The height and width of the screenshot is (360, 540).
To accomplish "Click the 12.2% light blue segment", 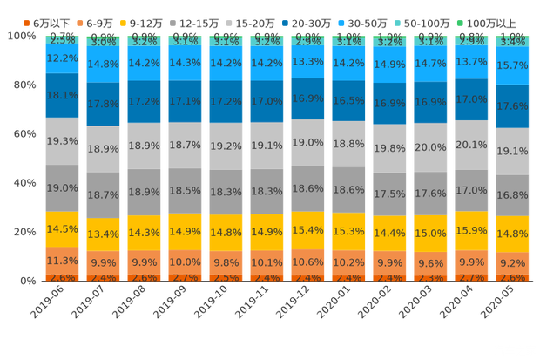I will pyautogui.click(x=62, y=58).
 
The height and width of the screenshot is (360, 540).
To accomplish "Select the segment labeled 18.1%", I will pyautogui.click(x=62, y=96).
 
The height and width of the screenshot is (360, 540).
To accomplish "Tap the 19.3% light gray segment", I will pyautogui.click(x=62, y=141).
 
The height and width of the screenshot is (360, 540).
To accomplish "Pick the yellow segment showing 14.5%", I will pyautogui.click(x=62, y=229).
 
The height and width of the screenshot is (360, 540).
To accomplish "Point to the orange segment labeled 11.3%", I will pyautogui.click(x=62, y=261).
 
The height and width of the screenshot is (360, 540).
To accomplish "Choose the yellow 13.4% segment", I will pyautogui.click(x=103, y=234).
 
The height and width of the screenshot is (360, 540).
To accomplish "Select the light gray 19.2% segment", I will pyautogui.click(x=226, y=146).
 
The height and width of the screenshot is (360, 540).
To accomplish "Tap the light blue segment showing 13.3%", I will pyautogui.click(x=307, y=61).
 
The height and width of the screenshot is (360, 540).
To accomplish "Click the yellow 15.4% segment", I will pyautogui.click(x=307, y=229).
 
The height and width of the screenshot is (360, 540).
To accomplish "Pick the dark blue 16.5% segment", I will pyautogui.click(x=348, y=101).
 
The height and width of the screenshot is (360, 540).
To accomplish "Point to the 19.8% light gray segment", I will pyautogui.click(x=389, y=148).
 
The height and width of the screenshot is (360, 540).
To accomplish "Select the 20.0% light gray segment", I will pyautogui.click(x=430, y=147).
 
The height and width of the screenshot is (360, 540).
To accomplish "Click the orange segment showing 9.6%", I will pyautogui.click(x=430, y=263).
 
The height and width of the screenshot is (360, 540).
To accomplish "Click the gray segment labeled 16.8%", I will pyautogui.click(x=512, y=194).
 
